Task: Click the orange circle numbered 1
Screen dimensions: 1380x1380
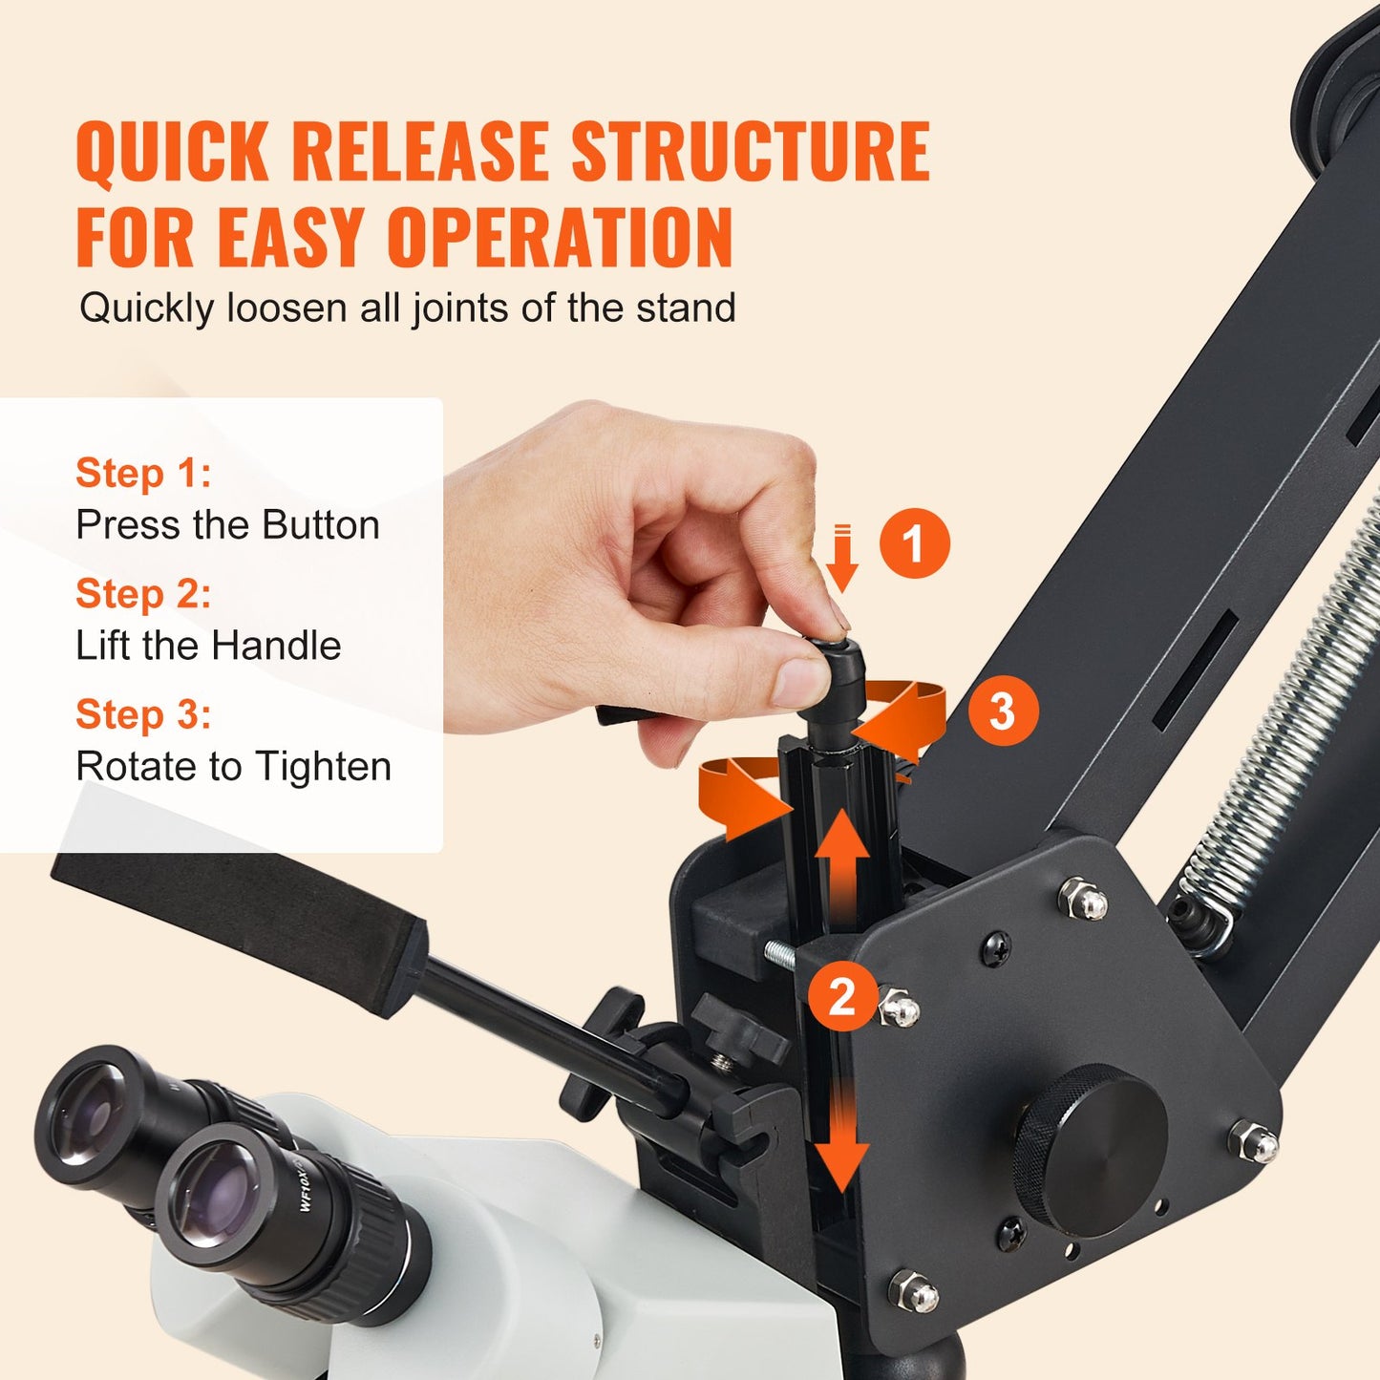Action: pos(914,542)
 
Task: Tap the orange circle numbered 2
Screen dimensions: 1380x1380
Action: pos(842,997)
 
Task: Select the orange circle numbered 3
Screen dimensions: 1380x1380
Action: pos(1003,711)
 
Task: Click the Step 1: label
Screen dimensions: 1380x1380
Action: pos(143,473)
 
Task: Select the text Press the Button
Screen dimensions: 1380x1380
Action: pos(227,525)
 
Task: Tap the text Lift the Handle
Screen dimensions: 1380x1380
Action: pos(208,646)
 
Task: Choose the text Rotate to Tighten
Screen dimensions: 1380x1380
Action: pos(233,767)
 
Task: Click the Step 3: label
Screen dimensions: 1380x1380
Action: pos(143,714)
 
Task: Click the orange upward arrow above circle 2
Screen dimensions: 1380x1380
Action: pos(841,860)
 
